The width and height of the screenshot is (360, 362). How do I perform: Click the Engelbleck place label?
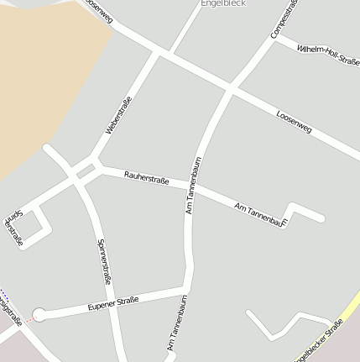222,3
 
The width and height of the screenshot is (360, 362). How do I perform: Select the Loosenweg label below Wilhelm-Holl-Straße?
294,123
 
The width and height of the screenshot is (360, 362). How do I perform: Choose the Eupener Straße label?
113,303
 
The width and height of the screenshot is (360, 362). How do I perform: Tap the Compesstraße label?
283,18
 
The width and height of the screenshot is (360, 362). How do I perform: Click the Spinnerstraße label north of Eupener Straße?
105,260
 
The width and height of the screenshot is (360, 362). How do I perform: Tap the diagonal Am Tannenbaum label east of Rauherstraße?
261,214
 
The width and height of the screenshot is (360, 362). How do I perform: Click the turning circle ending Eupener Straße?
38,316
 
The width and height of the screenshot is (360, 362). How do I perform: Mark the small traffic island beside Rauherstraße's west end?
86,171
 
